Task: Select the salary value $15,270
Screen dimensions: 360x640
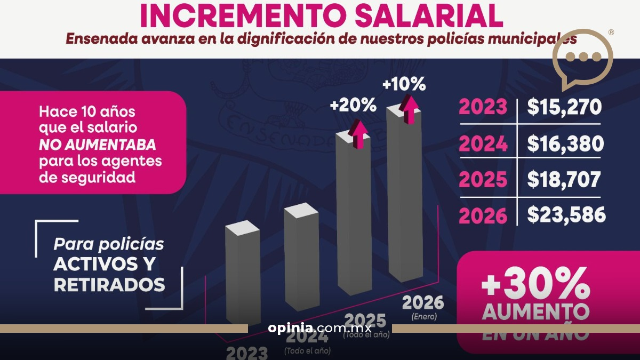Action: click(564, 107)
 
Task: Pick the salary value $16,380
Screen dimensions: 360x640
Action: click(565, 143)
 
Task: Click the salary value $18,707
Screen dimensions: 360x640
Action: click(564, 179)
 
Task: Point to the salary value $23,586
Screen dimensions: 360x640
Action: click(566, 215)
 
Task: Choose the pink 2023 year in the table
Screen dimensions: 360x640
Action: click(483, 107)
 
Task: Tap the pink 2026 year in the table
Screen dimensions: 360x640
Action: click(483, 215)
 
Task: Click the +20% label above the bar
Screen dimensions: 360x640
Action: click(353, 105)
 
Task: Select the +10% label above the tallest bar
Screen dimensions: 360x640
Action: click(404, 84)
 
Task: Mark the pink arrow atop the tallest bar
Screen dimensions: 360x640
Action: click(410, 109)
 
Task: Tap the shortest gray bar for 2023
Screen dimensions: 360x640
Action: click(243, 272)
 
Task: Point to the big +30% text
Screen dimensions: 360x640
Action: click(535, 283)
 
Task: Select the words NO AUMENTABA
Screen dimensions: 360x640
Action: click(97, 144)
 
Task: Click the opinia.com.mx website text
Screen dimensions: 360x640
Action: click(320, 327)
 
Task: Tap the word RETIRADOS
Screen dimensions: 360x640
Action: click(109, 284)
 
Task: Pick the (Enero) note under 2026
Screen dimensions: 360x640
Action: click(423, 316)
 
